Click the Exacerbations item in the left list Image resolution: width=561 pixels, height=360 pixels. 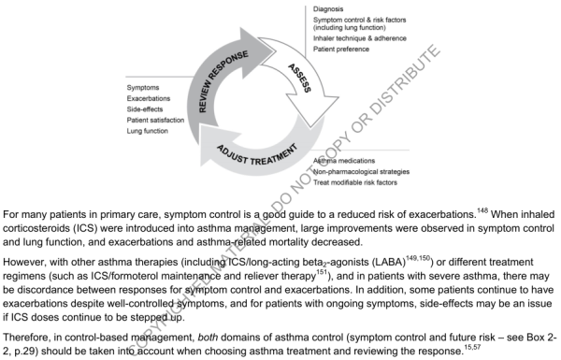tap(151, 99)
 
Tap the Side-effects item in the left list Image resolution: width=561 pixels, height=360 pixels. tap(148, 110)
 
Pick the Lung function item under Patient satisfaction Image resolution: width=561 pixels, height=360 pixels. tap(150, 133)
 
